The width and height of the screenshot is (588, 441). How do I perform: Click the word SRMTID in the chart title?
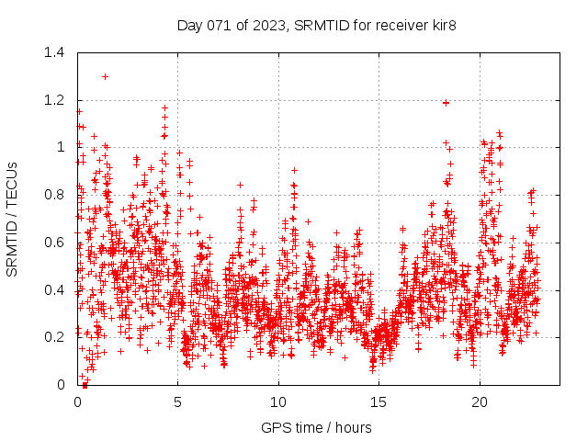320,25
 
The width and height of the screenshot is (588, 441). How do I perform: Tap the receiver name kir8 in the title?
440,25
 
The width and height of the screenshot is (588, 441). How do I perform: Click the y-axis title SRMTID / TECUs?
12,219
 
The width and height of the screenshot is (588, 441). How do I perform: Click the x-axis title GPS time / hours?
316,427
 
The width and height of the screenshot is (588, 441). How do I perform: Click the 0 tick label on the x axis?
77,401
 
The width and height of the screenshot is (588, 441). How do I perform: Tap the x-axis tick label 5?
177,401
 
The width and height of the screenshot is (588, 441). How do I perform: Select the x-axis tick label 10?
278,401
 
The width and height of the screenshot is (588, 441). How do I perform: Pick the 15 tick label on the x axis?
379,401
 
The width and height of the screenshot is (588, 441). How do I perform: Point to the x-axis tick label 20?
480,401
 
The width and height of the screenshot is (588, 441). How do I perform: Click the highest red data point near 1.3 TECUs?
106,76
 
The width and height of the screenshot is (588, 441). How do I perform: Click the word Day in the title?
190,25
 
